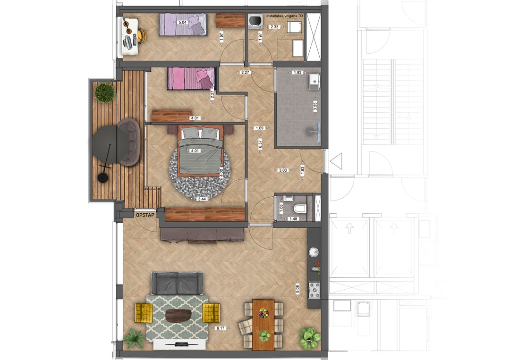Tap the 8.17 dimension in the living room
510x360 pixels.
tap(220, 328)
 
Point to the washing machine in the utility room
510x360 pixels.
tap(255, 21)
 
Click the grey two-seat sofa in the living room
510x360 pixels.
tap(177, 283)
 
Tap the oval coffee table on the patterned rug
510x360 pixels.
tap(179, 316)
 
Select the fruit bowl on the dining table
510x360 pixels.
tap(263, 312)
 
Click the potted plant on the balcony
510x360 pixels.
tap(104, 92)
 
